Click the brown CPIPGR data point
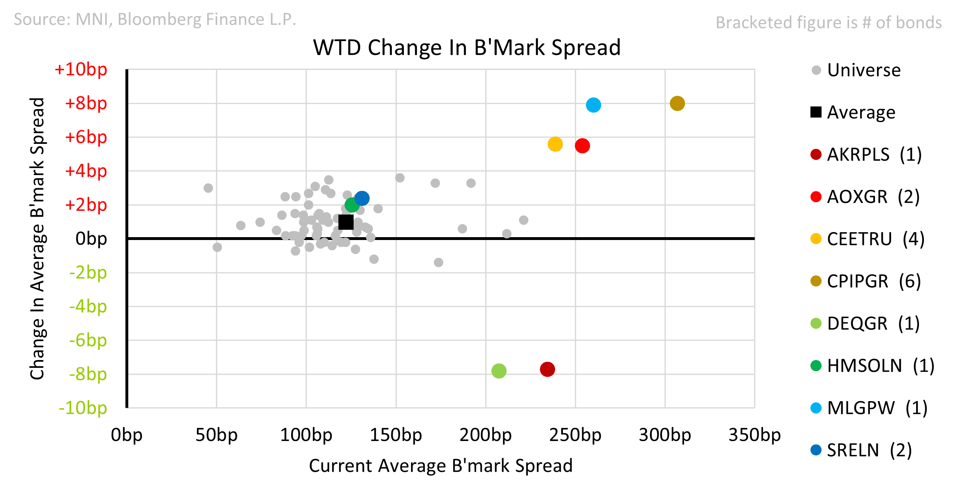coord(677,104)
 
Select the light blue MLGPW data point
coord(593,105)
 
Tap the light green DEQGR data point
coord(498,371)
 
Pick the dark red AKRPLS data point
coord(547,369)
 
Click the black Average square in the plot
coord(346,222)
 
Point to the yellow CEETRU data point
coord(555,144)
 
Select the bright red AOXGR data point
coord(582,146)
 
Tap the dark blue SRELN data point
coord(361,199)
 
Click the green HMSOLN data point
coord(352,205)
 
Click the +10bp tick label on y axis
coord(81,69)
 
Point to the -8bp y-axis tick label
coord(88,374)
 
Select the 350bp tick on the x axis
coord(754,435)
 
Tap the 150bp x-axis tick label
coord(396,435)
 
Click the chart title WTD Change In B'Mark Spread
coord(467,48)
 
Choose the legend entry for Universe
coord(863,70)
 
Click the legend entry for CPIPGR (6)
coord(873,282)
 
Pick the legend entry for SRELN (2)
coord(868,450)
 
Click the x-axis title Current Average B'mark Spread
coord(440,466)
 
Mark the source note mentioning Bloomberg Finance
coord(155,19)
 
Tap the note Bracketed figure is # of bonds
coord(829,23)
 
